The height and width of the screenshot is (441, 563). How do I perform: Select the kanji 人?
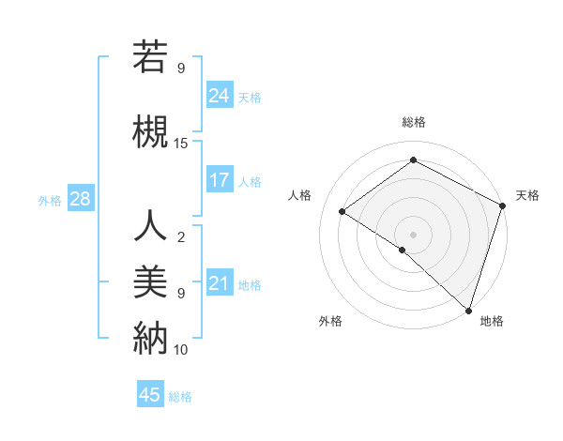(150, 226)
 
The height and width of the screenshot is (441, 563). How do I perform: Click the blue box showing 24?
(220, 95)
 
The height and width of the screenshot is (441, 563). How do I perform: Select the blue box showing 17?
(220, 180)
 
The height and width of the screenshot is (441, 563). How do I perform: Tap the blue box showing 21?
(220, 283)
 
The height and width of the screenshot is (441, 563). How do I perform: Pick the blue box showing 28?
(80, 199)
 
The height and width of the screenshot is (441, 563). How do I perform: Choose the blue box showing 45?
(150, 395)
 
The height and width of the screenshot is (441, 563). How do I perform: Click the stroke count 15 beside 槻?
(181, 144)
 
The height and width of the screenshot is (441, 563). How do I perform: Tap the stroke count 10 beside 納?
(181, 350)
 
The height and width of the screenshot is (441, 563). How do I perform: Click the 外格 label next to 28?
(50, 200)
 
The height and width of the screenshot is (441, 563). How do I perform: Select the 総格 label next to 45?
(180, 396)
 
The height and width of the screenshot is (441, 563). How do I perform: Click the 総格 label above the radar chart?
(413, 123)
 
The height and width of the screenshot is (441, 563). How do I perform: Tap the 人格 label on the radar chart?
(300, 195)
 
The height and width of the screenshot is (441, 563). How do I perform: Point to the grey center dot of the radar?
(413, 234)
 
